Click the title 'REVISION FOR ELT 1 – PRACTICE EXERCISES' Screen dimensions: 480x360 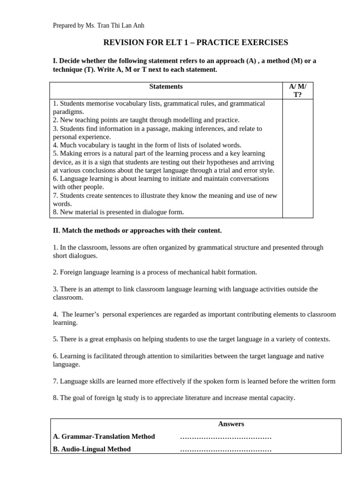point(195,43)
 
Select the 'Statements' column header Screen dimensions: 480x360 point(166,87)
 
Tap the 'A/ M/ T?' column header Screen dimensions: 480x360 point(298,90)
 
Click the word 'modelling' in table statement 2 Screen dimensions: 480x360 point(176,120)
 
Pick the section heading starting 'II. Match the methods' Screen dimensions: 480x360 point(137,231)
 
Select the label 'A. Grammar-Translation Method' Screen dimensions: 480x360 point(104,437)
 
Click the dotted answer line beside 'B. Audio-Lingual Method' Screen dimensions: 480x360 point(225,450)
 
